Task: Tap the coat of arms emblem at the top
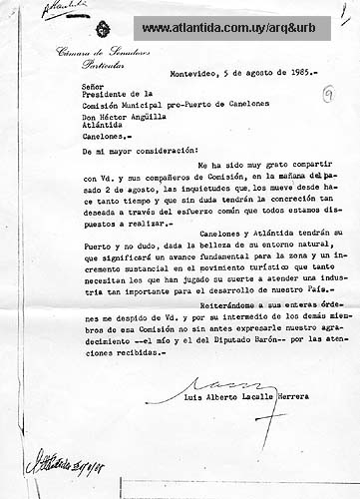point(102,31)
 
